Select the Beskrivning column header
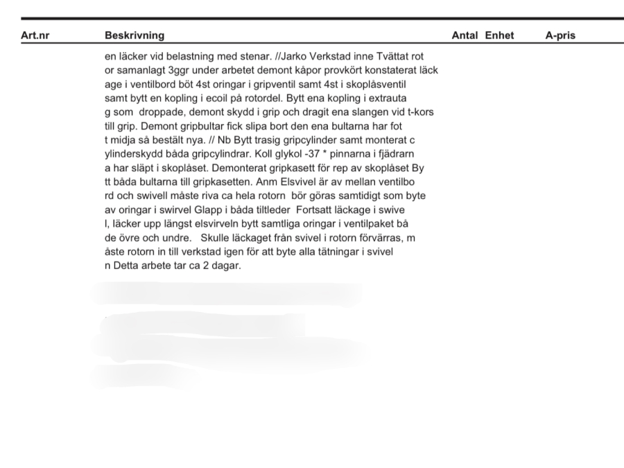[x=135, y=35]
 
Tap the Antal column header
[x=465, y=35]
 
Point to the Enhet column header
[x=499, y=35]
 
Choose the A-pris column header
[x=560, y=35]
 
